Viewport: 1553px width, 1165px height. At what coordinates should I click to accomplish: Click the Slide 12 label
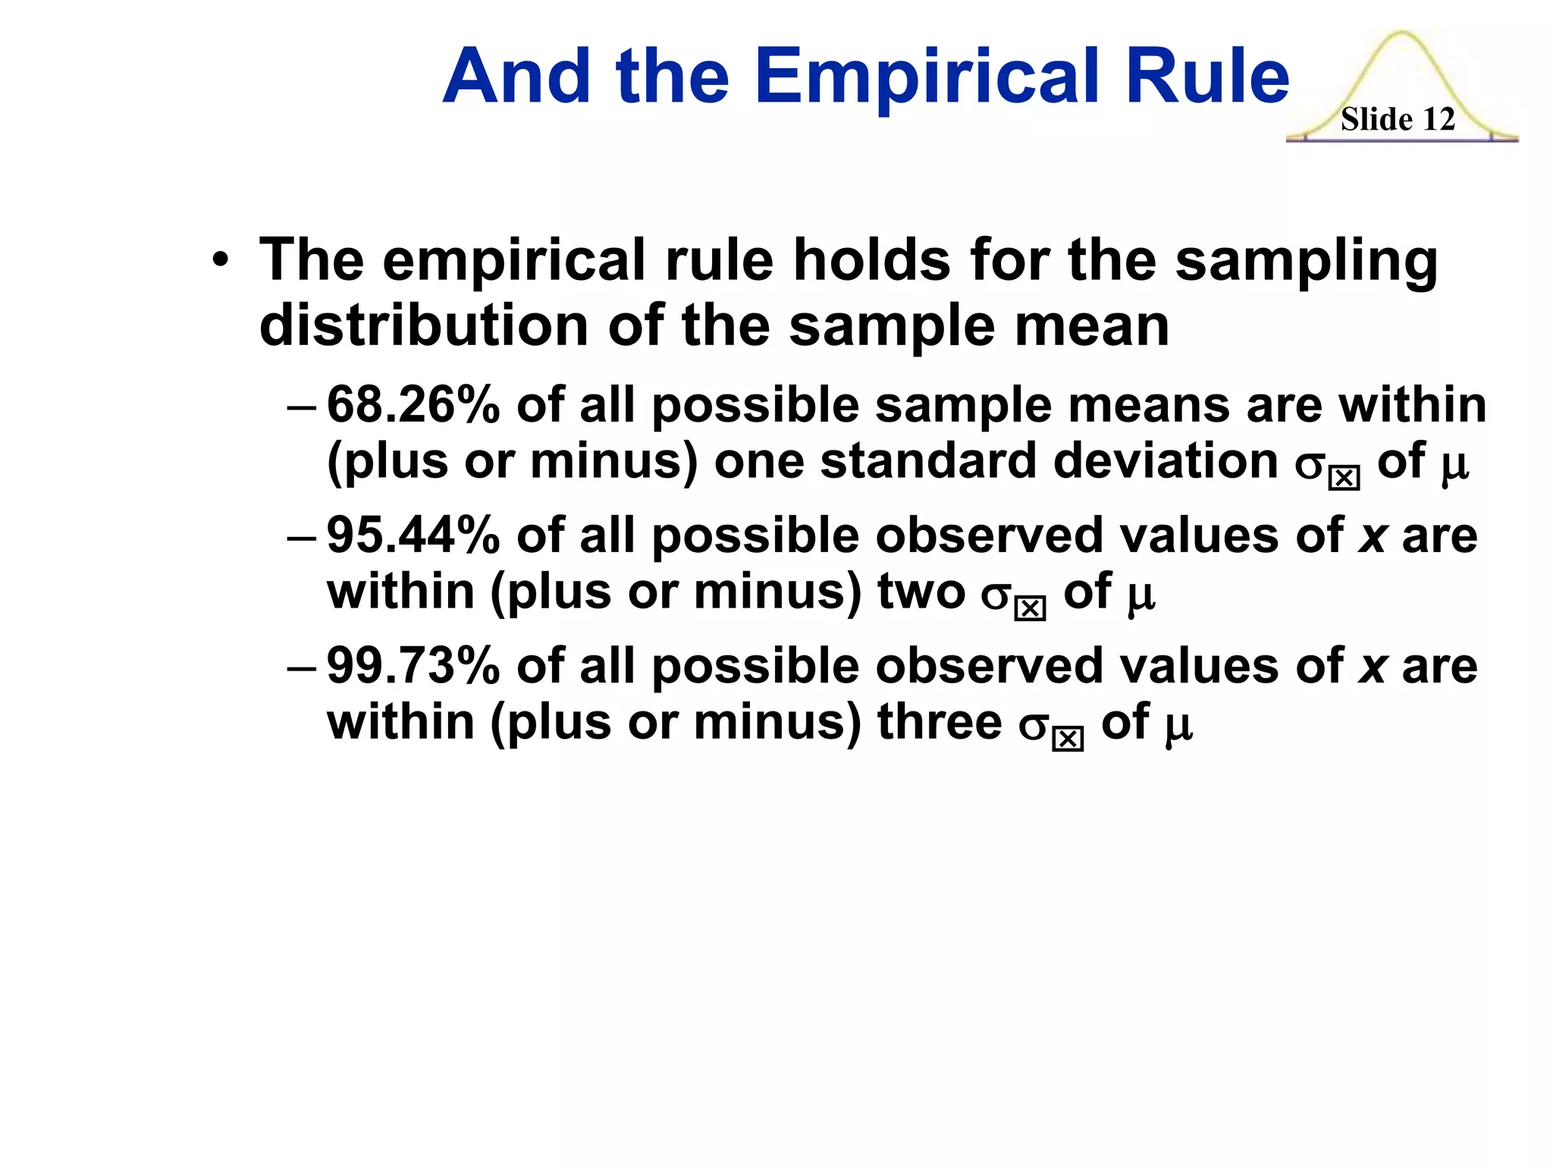pyautogui.click(x=1398, y=119)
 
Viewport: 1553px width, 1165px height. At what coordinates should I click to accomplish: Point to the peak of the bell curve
pyautogui.click(x=1401, y=34)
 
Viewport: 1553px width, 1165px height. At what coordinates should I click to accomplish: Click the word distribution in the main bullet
pyautogui.click(x=424, y=326)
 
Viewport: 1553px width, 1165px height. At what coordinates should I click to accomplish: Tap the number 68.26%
pyautogui.click(x=413, y=404)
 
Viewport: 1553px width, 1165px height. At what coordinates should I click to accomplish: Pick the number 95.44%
pyautogui.click(x=413, y=535)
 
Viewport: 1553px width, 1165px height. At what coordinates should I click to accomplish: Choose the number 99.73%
pyautogui.click(x=413, y=666)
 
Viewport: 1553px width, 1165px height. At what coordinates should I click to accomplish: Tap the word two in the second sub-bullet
pyautogui.click(x=921, y=592)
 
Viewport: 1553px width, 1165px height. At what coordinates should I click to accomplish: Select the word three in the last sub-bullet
pyautogui.click(x=940, y=721)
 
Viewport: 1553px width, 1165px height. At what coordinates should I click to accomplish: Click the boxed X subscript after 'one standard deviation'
pyautogui.click(x=1344, y=479)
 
